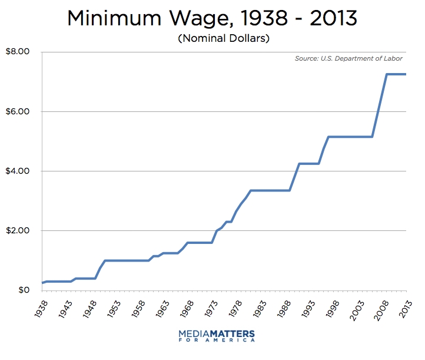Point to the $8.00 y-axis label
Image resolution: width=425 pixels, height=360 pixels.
click(17, 52)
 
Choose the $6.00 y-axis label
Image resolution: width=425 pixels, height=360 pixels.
click(17, 111)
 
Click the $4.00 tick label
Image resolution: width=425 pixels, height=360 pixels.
click(17, 171)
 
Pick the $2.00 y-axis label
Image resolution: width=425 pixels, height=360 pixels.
click(17, 231)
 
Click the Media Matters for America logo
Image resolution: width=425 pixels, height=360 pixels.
click(217, 336)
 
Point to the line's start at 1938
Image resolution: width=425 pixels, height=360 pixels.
click(42, 283)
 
